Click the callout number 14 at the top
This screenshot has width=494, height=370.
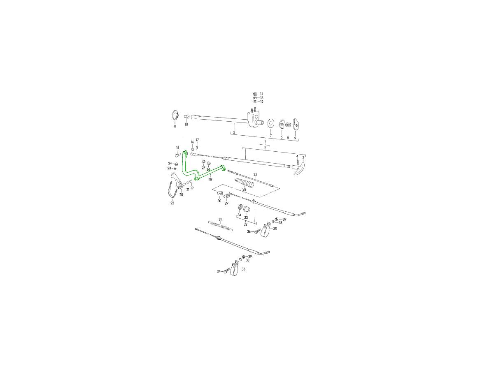(x=261, y=94)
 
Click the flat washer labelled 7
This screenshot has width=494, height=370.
(x=271, y=123)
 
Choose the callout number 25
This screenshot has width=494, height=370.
(x=255, y=175)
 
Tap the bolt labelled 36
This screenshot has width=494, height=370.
(x=257, y=231)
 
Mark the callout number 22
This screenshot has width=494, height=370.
(x=172, y=203)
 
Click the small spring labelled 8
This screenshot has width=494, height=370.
(x=288, y=125)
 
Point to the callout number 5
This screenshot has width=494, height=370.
(x=234, y=133)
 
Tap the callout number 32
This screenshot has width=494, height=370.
(x=245, y=224)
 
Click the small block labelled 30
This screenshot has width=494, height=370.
(x=219, y=194)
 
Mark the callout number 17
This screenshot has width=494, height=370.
(x=197, y=140)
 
